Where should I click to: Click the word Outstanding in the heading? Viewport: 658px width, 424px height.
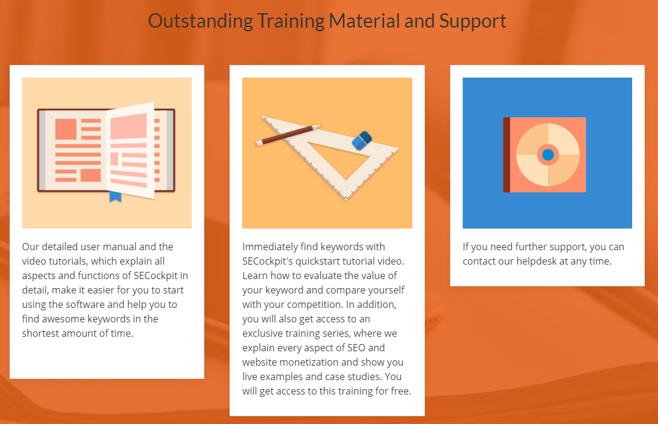pyautogui.click(x=200, y=22)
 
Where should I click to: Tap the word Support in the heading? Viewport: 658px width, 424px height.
pyautogui.click(x=472, y=22)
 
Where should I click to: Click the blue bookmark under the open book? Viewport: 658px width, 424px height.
pyautogui.click(x=115, y=197)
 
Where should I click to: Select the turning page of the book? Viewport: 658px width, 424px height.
pyautogui.click(x=130, y=150)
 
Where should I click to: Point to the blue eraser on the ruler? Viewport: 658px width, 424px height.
pyautogui.click(x=362, y=141)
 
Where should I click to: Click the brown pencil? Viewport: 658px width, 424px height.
pyautogui.click(x=288, y=135)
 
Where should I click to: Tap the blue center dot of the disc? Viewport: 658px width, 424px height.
pyautogui.click(x=547, y=155)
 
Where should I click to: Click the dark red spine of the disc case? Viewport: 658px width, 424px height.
pyautogui.click(x=507, y=155)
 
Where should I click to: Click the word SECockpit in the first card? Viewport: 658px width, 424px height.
pyautogui.click(x=156, y=275)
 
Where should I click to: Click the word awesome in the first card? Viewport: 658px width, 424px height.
pyautogui.click(x=62, y=319)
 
